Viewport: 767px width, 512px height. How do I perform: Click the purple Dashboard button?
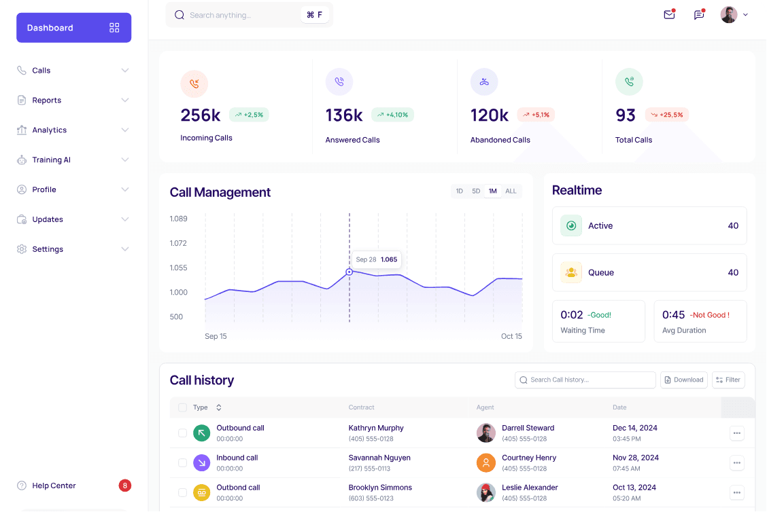[x=73, y=28]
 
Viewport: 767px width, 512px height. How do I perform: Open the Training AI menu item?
[x=52, y=160]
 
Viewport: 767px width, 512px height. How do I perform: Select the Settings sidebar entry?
[x=48, y=249]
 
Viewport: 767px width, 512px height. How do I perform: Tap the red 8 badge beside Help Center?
[x=124, y=486]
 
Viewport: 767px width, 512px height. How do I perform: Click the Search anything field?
[x=238, y=15]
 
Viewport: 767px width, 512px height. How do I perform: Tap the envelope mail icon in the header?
[x=669, y=15]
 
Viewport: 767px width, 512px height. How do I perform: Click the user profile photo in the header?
[x=729, y=15]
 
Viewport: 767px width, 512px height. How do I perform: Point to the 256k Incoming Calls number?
[x=200, y=115]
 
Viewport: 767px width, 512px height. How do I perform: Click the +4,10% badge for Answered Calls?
[x=392, y=115]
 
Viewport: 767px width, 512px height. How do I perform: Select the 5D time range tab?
[x=476, y=191]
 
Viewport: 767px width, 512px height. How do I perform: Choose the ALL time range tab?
[x=511, y=191]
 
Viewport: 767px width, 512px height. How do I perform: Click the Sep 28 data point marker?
[x=350, y=272]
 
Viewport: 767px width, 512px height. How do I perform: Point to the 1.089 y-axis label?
[x=178, y=219]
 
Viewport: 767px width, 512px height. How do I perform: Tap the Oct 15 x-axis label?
[x=511, y=336]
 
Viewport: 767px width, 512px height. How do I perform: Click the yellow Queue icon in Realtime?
[x=571, y=272]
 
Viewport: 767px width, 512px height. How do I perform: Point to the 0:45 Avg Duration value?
[x=674, y=315]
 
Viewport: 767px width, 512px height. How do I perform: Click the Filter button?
[x=728, y=380]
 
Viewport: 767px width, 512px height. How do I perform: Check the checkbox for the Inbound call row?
[x=182, y=462]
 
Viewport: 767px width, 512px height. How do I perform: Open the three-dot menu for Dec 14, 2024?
[x=737, y=433]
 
